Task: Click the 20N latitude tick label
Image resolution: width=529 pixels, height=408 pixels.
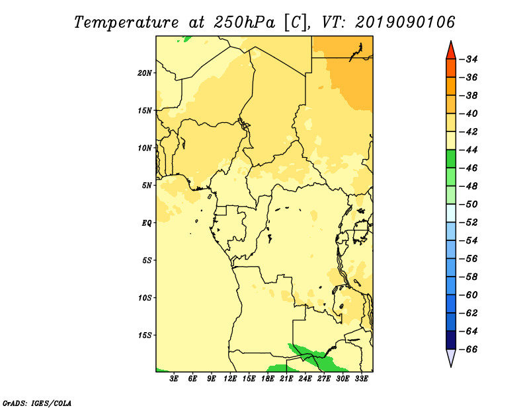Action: [x=145, y=73]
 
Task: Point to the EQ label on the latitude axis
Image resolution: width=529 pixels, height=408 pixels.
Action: [x=147, y=223]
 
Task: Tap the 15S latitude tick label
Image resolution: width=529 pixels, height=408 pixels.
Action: [x=145, y=335]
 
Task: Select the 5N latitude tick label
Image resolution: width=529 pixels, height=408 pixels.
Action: [x=147, y=186]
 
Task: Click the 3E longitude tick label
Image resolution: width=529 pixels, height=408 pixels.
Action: [x=174, y=379]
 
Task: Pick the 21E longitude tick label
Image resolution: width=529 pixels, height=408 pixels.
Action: [x=286, y=379]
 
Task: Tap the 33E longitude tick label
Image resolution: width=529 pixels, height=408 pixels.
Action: [x=361, y=379]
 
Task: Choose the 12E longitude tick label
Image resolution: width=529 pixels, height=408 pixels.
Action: [x=230, y=379]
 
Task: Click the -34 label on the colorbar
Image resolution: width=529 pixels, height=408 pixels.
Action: [x=469, y=59]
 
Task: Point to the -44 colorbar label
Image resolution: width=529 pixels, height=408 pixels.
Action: [x=469, y=150]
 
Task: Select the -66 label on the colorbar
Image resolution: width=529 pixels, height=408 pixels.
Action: [x=469, y=349]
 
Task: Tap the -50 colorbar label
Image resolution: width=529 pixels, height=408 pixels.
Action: [x=469, y=205]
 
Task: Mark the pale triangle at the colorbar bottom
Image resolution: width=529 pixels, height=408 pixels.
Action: [x=451, y=357]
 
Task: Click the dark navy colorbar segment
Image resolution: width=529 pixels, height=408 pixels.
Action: [x=451, y=340]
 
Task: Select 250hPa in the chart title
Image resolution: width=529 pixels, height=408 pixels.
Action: [x=245, y=22]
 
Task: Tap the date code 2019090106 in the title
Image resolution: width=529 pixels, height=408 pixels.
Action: [x=405, y=22]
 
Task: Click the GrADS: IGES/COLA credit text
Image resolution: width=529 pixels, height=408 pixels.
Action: [x=37, y=403]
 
